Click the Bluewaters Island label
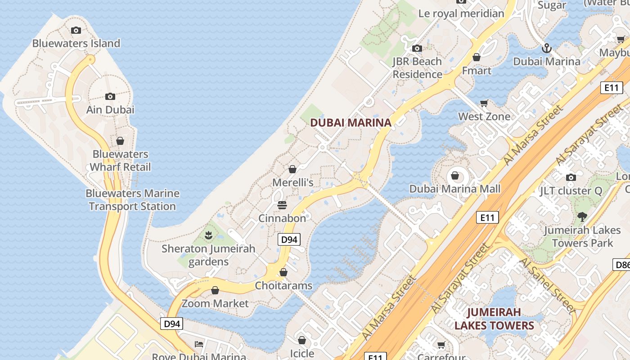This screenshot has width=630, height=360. click(x=76, y=44)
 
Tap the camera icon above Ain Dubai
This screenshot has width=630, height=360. click(x=110, y=96)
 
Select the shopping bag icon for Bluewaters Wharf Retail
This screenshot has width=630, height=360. click(x=120, y=141)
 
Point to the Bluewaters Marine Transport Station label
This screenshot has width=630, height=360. click(x=132, y=200)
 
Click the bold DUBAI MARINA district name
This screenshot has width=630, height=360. click(x=351, y=122)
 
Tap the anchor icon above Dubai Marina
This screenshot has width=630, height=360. click(x=546, y=48)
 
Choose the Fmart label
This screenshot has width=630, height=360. click(x=477, y=71)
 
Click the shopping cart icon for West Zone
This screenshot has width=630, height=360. click(x=484, y=103)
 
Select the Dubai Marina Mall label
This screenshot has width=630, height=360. click(x=454, y=189)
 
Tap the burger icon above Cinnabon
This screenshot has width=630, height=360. click(x=282, y=205)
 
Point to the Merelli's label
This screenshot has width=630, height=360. click(x=293, y=183)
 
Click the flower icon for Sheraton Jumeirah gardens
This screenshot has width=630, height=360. click(x=208, y=235)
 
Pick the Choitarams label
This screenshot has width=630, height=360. click(x=283, y=285)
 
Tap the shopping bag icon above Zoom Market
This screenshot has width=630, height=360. click(x=215, y=290)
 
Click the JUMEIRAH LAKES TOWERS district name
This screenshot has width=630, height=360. click(x=494, y=319)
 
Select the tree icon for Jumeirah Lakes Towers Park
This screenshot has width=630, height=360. click(x=582, y=217)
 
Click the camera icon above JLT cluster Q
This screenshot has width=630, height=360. click(x=571, y=177)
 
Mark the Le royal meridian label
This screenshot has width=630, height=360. click(x=461, y=13)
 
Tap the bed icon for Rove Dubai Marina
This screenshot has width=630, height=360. click(x=199, y=344)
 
